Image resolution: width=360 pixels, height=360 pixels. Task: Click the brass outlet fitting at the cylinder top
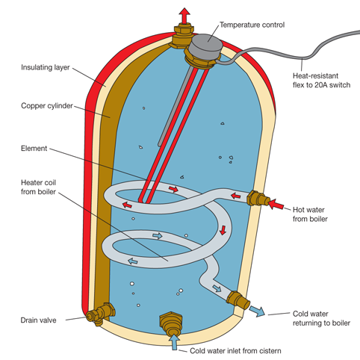[x=181, y=34]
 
